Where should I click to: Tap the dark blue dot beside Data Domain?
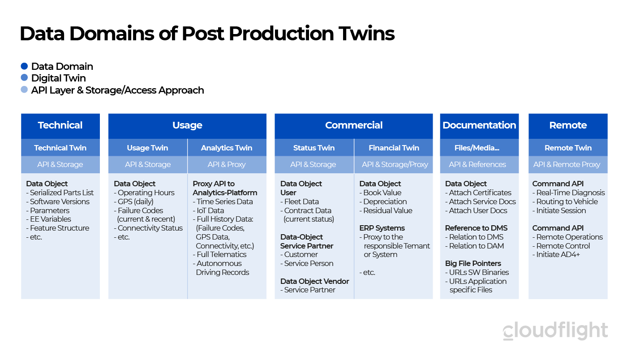(24, 66)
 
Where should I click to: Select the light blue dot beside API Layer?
(24, 90)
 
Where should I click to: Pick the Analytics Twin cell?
(227, 147)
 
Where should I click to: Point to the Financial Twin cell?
(394, 147)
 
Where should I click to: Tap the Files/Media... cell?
(479, 147)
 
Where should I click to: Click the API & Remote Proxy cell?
(568, 164)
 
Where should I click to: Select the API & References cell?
(479, 164)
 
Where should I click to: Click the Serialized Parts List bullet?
(60, 193)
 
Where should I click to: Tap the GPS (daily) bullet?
(134, 201)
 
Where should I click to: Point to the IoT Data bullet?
(209, 210)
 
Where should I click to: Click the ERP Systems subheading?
(382, 228)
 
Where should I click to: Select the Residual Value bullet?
(386, 210)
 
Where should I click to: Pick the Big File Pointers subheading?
(473, 263)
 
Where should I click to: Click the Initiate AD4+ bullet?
(556, 254)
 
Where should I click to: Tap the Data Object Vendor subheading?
(314, 281)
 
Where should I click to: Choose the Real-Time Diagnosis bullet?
(568, 193)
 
